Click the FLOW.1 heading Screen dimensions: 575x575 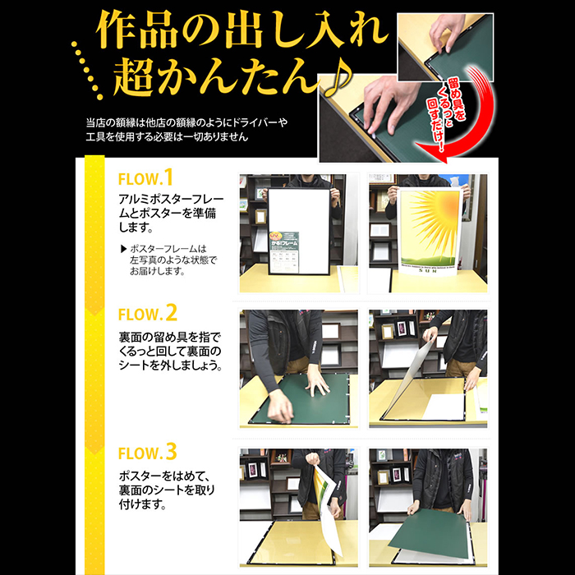[x=146, y=178]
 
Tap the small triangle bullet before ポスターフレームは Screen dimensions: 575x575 [x=123, y=248]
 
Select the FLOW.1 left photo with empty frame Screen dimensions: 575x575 [x=292, y=233]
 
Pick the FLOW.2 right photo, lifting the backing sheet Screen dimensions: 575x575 [x=427, y=368]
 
